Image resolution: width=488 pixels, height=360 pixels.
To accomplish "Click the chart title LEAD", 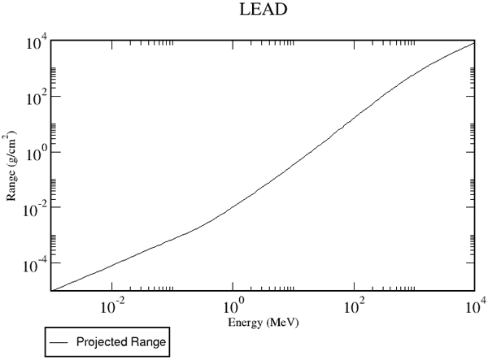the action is tap(263, 9).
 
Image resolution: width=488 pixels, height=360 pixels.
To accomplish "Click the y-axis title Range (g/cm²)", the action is tap(11, 166).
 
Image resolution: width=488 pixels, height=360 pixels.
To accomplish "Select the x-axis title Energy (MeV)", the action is tap(264, 323).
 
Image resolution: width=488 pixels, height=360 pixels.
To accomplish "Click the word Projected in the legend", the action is tap(102, 341).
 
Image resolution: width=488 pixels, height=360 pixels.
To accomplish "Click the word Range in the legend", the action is tap(149, 342).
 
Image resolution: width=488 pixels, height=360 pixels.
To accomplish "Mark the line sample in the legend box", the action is tap(59, 342).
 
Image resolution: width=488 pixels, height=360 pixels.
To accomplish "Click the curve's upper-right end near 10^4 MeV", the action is tap(474, 42).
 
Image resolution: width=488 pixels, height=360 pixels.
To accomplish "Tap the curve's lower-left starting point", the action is tap(52, 290).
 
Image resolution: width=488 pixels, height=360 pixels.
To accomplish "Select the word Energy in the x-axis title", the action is tap(245, 323).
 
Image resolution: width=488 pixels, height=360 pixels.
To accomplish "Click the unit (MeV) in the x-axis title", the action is tap(282, 323).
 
